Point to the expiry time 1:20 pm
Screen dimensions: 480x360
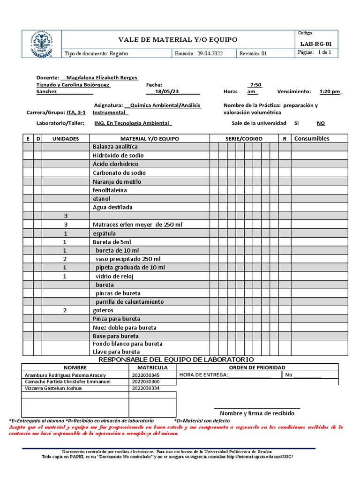point(331,92)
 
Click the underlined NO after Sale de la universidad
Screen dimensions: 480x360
point(321,123)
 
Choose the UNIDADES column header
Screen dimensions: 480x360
point(65,139)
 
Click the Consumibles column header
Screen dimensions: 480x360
point(312,138)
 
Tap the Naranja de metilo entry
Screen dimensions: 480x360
point(117,181)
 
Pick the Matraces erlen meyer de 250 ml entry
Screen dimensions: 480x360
point(137,225)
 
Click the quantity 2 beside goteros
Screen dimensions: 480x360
point(66,310)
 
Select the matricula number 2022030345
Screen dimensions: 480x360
point(145,375)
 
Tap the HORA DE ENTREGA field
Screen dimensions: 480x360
point(225,375)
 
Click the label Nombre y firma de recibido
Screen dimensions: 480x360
point(257,413)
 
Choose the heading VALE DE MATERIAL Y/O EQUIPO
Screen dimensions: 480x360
point(178,40)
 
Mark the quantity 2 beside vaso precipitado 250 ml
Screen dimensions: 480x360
point(66,259)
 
